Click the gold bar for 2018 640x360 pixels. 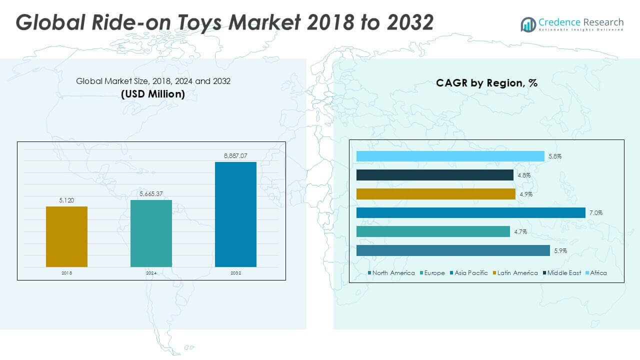66,236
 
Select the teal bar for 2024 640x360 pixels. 151,233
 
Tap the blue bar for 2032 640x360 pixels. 235,214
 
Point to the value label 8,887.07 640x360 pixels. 235,156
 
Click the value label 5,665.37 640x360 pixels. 151,194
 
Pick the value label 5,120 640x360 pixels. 66,200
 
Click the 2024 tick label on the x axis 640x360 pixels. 151,273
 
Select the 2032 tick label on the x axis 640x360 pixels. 235,273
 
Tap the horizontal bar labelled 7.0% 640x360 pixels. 470,213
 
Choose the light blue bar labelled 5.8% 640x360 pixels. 450,156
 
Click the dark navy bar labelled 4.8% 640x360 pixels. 434,175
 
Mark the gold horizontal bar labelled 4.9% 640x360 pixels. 435,194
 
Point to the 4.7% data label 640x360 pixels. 520,232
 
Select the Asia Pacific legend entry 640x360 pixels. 469,273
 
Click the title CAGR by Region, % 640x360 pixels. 486,83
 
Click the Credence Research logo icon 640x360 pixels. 528,24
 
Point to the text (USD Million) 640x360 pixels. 153,94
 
